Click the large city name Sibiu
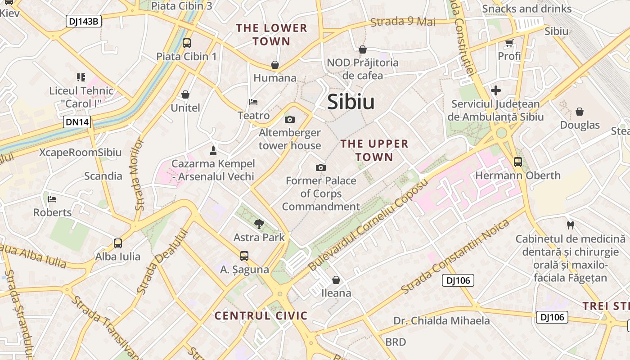[x=351, y=102]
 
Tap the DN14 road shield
[x=77, y=122]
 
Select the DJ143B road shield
[x=84, y=21]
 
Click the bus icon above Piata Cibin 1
[x=186, y=43]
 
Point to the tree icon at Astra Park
[x=259, y=224]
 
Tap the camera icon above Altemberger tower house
[x=290, y=119]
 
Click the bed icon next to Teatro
[x=253, y=102]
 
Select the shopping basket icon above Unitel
[x=185, y=94]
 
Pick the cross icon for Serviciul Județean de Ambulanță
[x=495, y=90]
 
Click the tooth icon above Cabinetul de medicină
[x=570, y=225]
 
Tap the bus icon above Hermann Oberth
[x=517, y=162]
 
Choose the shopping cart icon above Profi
[x=509, y=43]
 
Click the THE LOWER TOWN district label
[x=271, y=35]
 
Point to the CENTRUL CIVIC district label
[x=261, y=315]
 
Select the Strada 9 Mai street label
[x=403, y=22]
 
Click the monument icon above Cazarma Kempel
[x=213, y=150]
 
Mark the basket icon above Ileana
[x=336, y=280]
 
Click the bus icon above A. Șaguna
[x=244, y=256]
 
